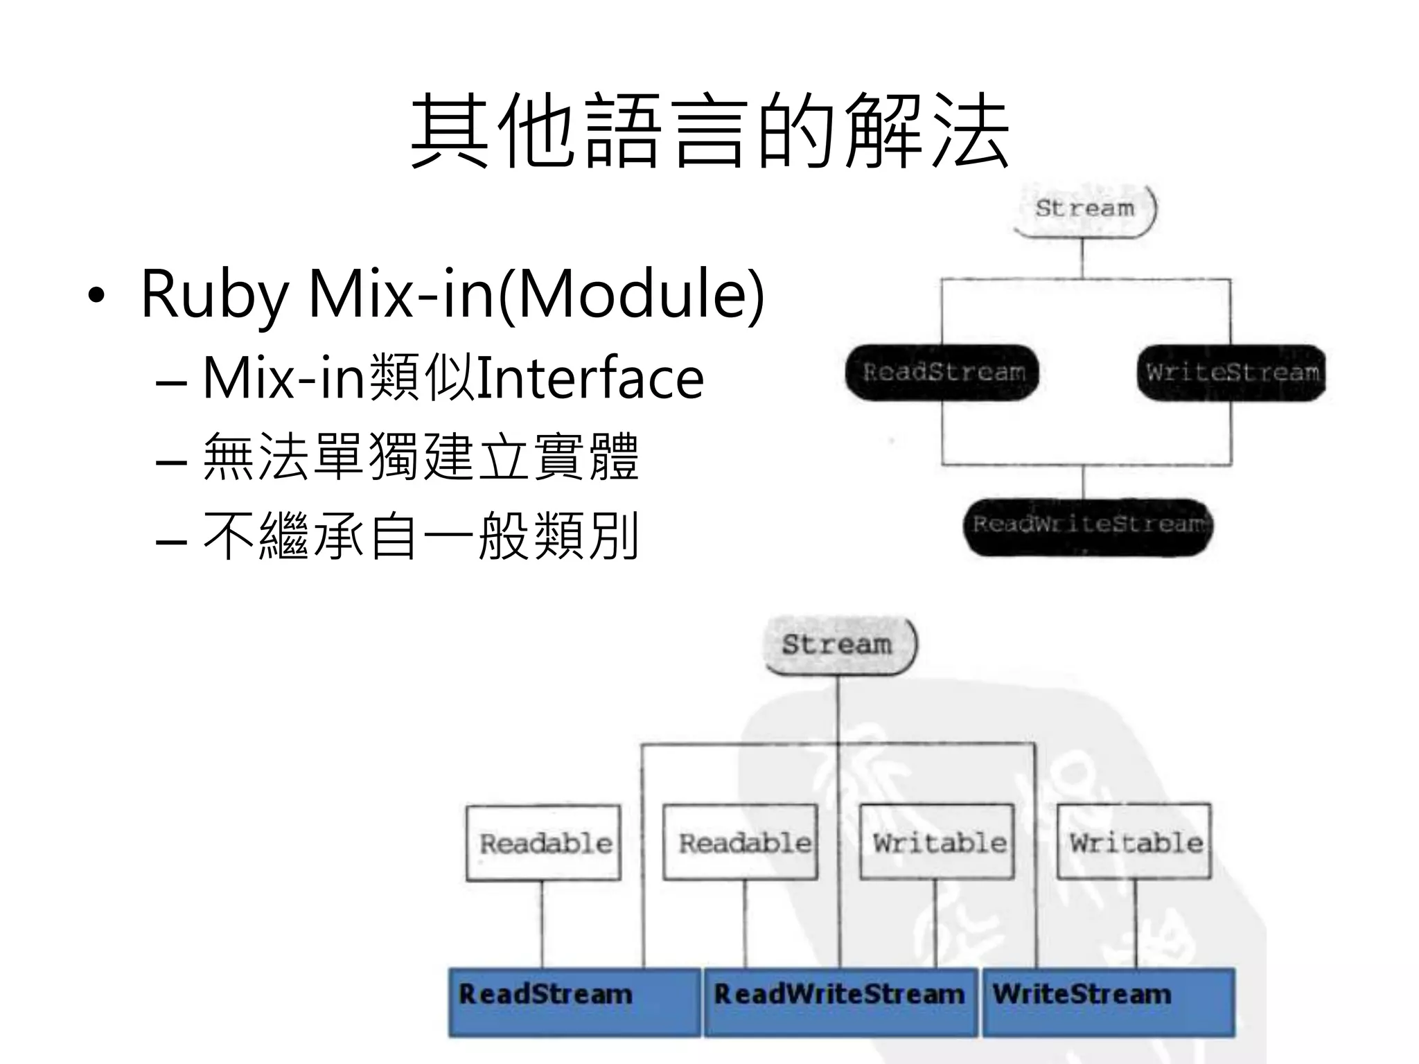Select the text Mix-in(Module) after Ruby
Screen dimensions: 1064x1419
536,294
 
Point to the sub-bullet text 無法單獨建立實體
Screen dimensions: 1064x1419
421,457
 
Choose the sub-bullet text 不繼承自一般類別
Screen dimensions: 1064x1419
421,536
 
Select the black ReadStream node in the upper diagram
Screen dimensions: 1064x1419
943,373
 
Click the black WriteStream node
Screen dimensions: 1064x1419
1231,373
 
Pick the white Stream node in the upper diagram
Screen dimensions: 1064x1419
1084,209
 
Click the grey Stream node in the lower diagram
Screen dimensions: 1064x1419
838,645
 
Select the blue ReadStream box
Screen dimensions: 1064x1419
574,1002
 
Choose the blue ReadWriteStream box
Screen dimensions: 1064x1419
840,1002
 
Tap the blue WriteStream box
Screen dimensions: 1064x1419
1109,1002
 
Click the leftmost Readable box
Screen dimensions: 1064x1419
544,842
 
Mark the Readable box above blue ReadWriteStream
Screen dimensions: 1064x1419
741,842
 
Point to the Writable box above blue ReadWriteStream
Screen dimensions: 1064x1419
937,842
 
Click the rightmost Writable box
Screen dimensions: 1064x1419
1134,842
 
